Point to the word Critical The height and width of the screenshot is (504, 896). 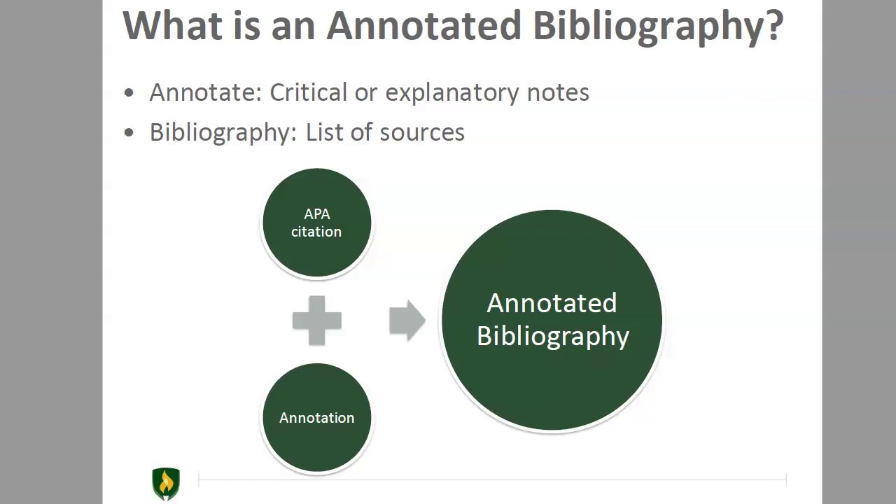pyautogui.click(x=309, y=92)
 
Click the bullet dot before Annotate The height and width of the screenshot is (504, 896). pyautogui.click(x=129, y=93)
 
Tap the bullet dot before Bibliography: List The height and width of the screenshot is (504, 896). pyautogui.click(x=129, y=132)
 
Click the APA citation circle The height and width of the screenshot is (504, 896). pyautogui.click(x=317, y=223)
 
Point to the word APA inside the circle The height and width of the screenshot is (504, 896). pyautogui.click(x=317, y=214)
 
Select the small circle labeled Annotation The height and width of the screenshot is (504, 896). pyautogui.click(x=317, y=418)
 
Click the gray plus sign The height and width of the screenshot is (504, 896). pyautogui.click(x=317, y=321)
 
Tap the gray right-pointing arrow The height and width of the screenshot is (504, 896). pyautogui.click(x=407, y=320)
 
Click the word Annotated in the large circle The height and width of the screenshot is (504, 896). pyautogui.click(x=552, y=303)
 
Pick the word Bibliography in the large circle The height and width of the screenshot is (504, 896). pyautogui.click(x=553, y=337)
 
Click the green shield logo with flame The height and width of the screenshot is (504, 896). pyautogui.click(x=166, y=484)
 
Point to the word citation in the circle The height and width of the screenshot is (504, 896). pyautogui.click(x=316, y=232)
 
